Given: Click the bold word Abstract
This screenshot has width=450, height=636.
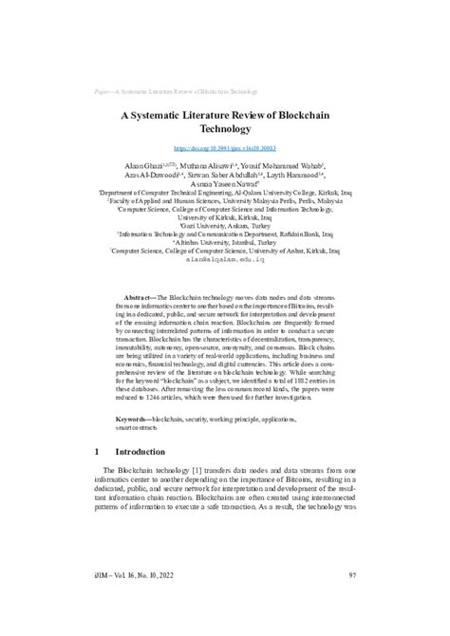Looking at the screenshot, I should point(143,271).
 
